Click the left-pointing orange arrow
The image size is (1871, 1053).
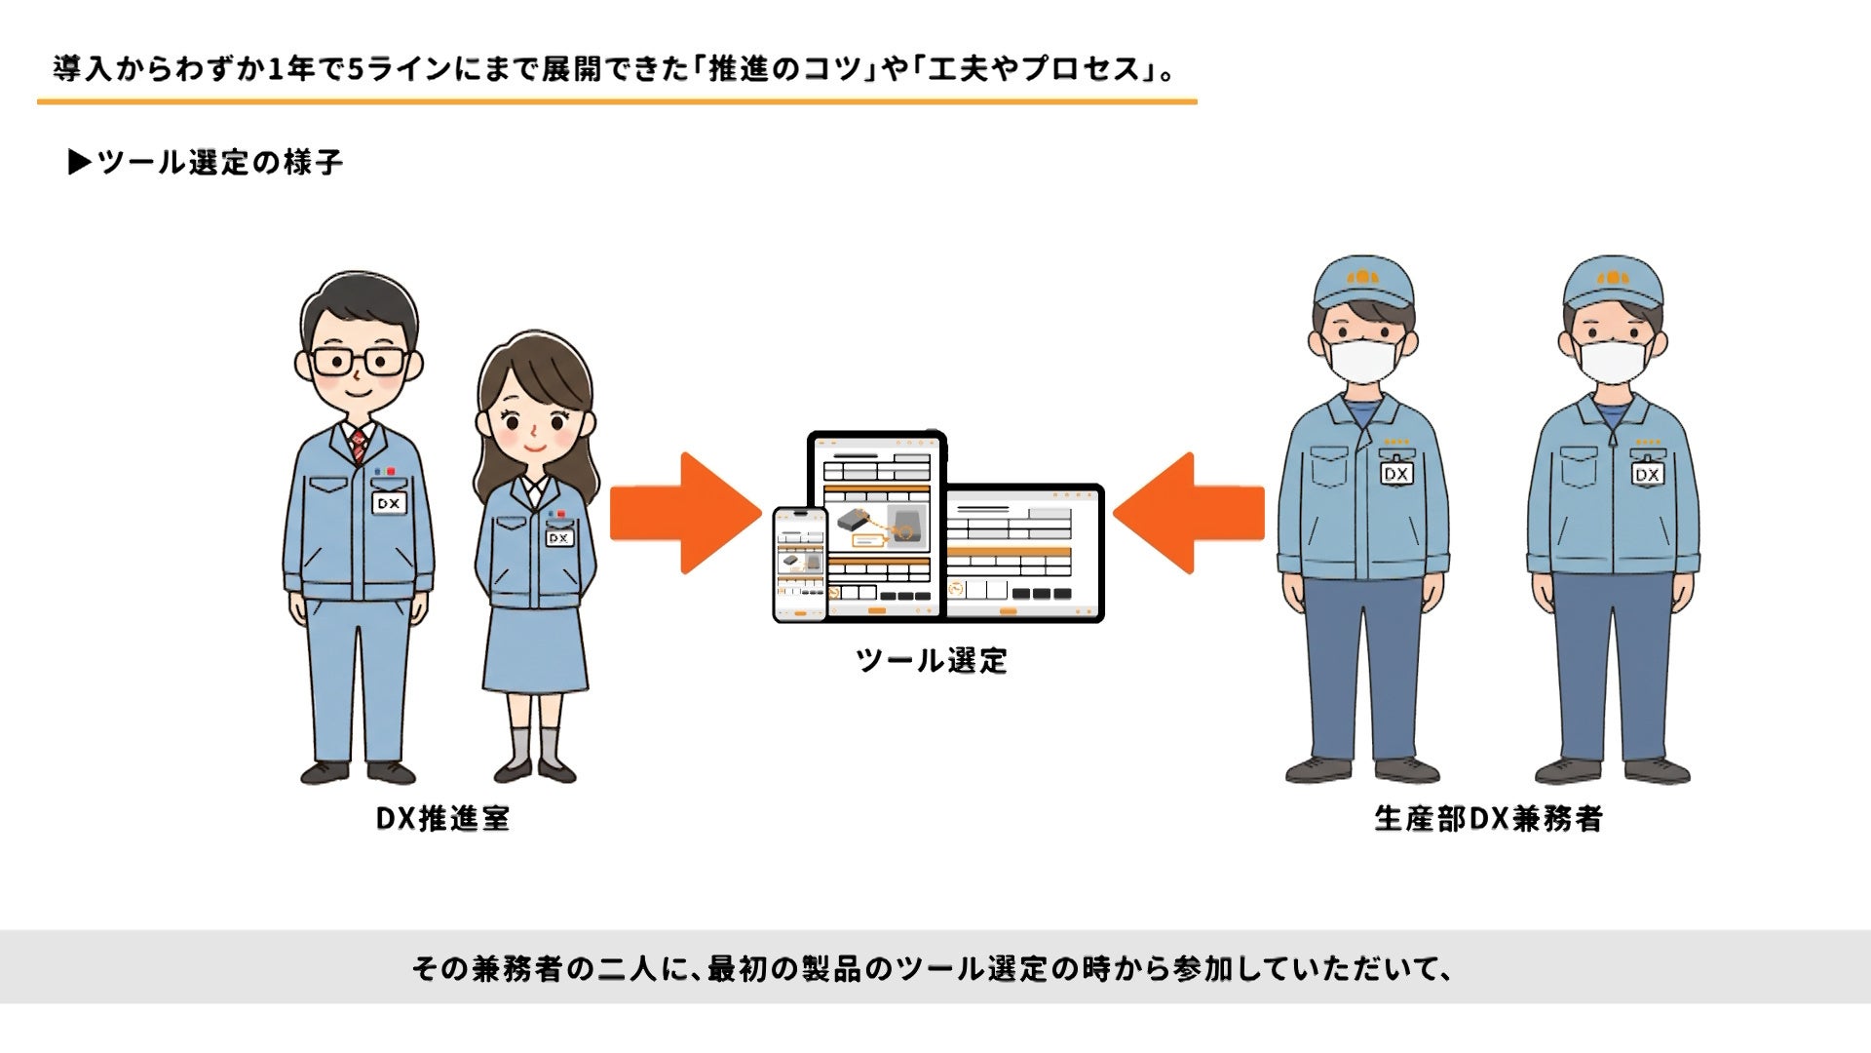click(x=1189, y=513)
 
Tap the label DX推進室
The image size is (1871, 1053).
click(x=443, y=818)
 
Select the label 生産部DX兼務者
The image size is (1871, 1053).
click(x=1488, y=818)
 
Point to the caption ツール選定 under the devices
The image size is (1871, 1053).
click(x=932, y=660)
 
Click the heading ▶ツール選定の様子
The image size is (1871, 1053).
click(x=206, y=162)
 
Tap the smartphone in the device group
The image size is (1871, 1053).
click(x=799, y=565)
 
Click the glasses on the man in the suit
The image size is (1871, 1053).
click(x=359, y=362)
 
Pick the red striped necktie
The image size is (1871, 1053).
click(x=359, y=446)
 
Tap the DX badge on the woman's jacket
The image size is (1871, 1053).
click(x=558, y=538)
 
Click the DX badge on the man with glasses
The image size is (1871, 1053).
click(x=389, y=503)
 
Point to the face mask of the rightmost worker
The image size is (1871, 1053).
click(x=1613, y=360)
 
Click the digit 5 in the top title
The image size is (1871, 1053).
click(x=355, y=69)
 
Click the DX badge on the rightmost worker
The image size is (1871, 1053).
click(x=1647, y=474)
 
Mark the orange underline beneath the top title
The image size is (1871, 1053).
click(x=617, y=100)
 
